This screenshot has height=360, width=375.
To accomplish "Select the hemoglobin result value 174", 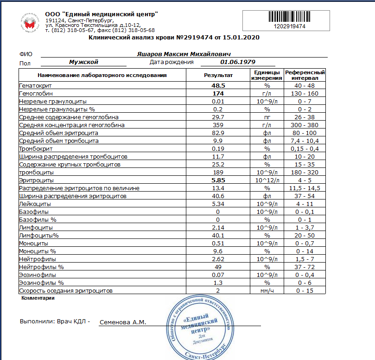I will (x=218, y=93).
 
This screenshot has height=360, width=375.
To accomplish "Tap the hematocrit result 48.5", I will (x=218, y=86).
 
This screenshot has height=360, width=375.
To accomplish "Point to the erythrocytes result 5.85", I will (x=218, y=180).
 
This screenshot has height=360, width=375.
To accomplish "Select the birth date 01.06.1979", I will (x=238, y=62).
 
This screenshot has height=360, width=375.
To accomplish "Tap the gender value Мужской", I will (x=83, y=62).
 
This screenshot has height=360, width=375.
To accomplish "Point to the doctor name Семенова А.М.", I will (x=123, y=321).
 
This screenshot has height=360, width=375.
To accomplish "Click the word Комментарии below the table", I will (x=38, y=298).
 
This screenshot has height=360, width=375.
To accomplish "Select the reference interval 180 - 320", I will (x=305, y=172).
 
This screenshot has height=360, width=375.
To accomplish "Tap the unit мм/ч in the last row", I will (x=267, y=290).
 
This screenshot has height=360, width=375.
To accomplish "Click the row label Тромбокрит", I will (x=36, y=148).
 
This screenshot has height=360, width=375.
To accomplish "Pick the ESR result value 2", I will (x=218, y=290).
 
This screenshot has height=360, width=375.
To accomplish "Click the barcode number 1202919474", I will (x=290, y=26).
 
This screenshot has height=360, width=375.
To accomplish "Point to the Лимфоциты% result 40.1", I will (x=218, y=235).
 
